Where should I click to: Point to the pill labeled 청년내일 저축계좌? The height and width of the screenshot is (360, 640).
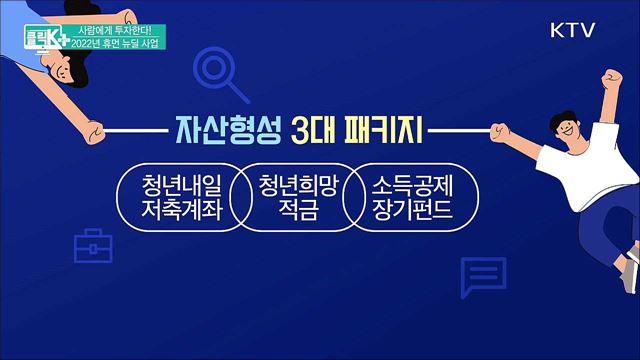tap(172, 197)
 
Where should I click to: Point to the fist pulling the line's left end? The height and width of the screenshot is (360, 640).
tap(93, 131)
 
